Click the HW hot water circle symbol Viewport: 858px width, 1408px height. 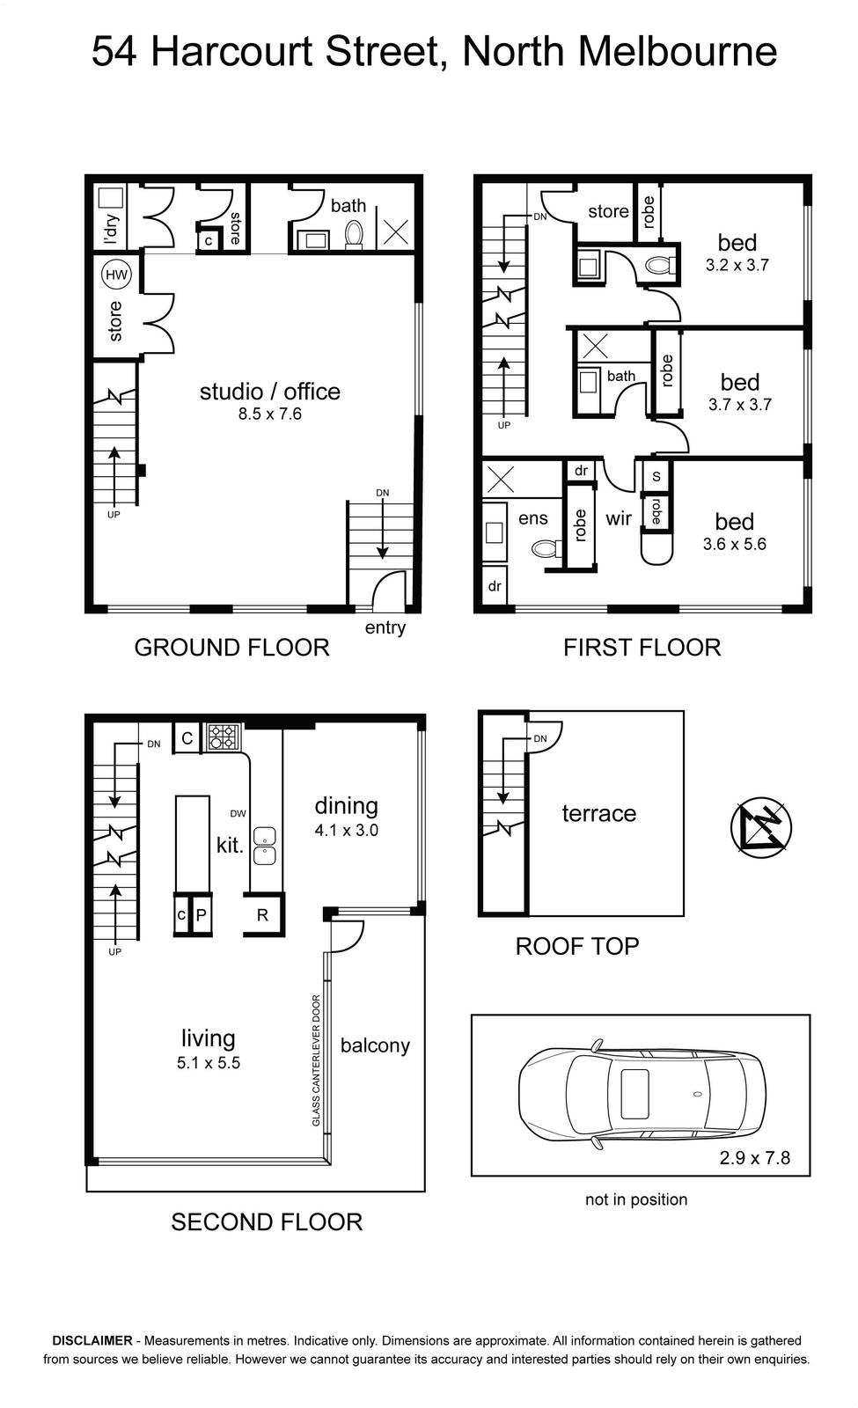click(x=116, y=275)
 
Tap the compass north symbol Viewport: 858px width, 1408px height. click(x=760, y=827)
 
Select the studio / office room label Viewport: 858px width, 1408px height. click(x=269, y=392)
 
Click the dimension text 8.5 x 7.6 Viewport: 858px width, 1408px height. click(x=269, y=414)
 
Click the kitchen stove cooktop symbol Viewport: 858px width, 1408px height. click(x=224, y=737)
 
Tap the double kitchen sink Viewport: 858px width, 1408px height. click(x=265, y=846)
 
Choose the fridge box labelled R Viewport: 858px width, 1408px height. click(x=263, y=914)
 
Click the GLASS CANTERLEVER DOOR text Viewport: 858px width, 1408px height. click(x=316, y=1060)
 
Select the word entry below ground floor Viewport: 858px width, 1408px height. click(x=385, y=627)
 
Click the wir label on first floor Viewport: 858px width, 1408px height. click(x=619, y=518)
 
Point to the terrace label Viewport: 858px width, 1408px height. click(x=599, y=813)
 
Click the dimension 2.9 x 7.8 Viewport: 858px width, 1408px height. click(x=755, y=1158)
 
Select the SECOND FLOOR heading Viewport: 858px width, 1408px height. click(x=267, y=1222)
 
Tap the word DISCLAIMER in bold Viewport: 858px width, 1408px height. click(x=92, y=1341)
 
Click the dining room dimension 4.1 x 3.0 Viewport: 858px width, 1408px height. click(x=347, y=831)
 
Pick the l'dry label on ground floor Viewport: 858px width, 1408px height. click(x=112, y=229)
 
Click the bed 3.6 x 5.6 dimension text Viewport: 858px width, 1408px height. click(x=735, y=545)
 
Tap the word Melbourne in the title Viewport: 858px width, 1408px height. click(x=678, y=51)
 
